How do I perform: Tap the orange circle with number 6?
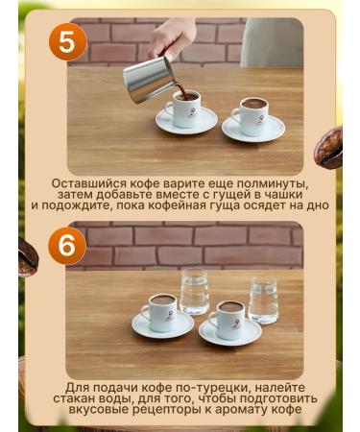(65, 246)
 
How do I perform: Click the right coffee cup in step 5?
(248, 114)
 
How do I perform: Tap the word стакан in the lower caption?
(93, 396)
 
